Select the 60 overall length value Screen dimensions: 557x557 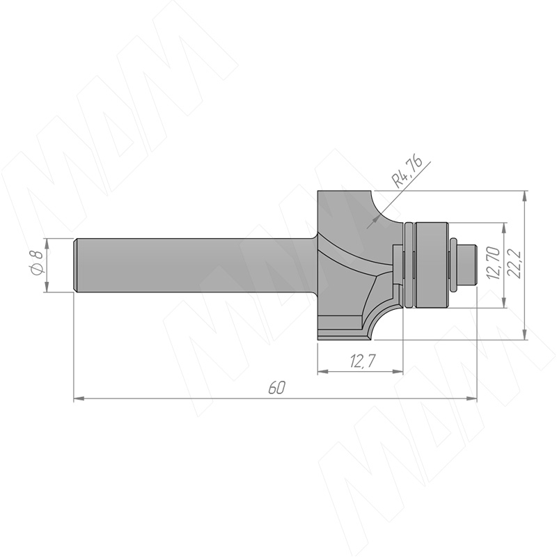[x=276, y=388]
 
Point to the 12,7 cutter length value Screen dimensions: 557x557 [x=362, y=361]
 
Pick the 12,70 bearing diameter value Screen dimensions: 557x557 [x=494, y=263]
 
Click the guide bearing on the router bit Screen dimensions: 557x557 [x=430, y=265]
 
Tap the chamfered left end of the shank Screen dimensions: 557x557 [x=76, y=265]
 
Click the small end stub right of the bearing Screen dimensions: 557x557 [x=466, y=265]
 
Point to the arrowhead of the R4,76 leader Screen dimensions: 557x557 [x=372, y=223]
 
